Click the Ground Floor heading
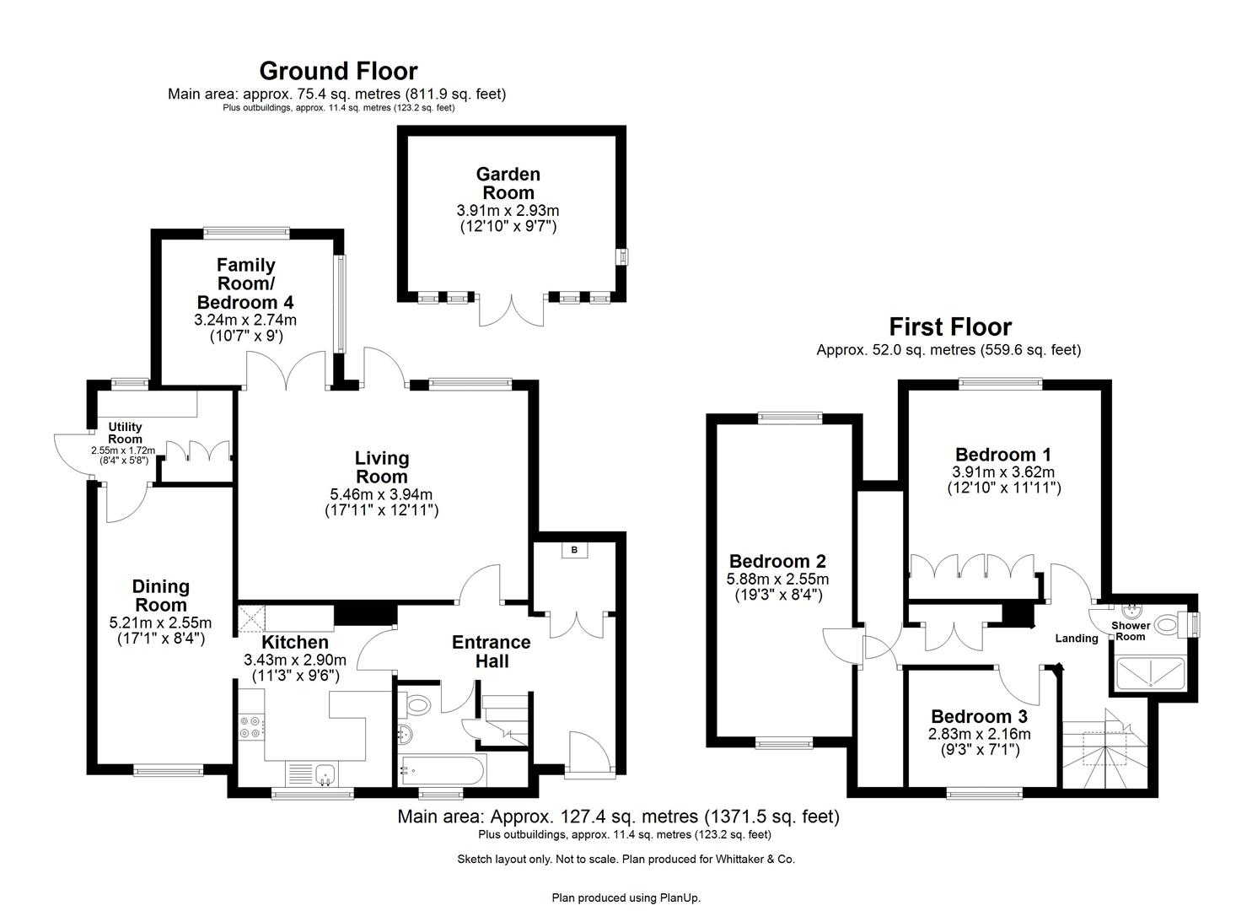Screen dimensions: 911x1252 point(338,70)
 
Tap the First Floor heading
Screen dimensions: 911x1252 point(950,326)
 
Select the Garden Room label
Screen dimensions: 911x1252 point(508,183)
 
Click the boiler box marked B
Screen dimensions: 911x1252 point(575,551)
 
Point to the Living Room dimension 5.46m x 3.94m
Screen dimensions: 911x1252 point(381,494)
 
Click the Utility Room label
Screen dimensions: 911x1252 point(125,433)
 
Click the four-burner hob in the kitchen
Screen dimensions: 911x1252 point(250,727)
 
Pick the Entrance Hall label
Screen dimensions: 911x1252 point(492,651)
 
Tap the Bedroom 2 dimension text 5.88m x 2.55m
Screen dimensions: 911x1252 point(777,579)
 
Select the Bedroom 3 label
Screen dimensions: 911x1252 point(979,716)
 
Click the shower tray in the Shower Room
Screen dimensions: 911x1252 point(1151,674)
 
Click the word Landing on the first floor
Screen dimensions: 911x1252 point(1077,639)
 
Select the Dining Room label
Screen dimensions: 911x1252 point(160,596)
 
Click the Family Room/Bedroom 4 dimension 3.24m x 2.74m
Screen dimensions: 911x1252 point(245,321)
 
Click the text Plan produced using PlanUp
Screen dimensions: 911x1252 point(626,898)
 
